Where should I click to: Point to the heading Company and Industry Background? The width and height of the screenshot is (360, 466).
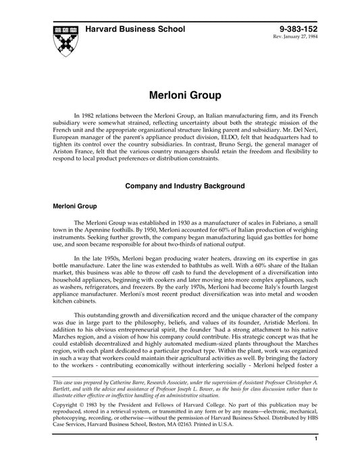[x=179, y=184]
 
